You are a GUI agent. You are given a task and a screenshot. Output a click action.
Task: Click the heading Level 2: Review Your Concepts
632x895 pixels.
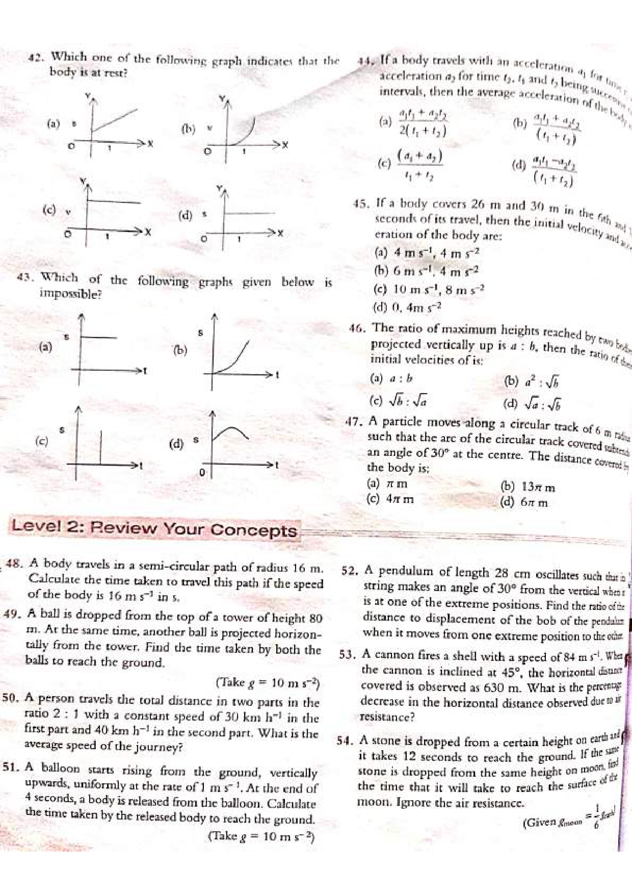tap(154, 528)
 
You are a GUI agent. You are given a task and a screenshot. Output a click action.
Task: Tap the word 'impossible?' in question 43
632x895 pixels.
tap(70, 294)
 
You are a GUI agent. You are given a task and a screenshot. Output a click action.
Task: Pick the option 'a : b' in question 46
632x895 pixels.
tap(401, 379)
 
